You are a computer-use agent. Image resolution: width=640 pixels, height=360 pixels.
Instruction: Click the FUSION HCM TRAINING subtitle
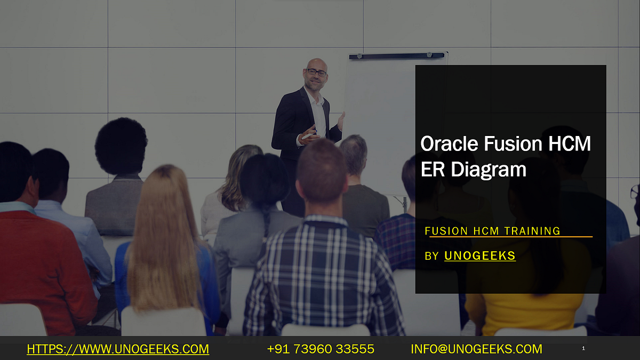[x=492, y=231]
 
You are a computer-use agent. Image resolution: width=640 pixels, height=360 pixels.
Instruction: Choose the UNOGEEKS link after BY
[x=479, y=256]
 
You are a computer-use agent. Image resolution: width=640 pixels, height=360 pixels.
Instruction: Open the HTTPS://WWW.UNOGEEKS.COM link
[x=118, y=349]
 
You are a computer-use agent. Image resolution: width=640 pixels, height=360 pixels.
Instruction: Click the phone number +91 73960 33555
[x=321, y=349]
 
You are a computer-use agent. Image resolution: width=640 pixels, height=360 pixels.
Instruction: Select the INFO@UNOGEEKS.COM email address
[x=476, y=349]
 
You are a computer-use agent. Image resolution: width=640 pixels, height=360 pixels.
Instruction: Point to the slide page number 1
[x=583, y=349]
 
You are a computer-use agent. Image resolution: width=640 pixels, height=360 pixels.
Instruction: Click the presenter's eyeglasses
[x=317, y=72]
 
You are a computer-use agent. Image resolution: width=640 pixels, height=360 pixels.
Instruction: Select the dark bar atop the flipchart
[x=397, y=55]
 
